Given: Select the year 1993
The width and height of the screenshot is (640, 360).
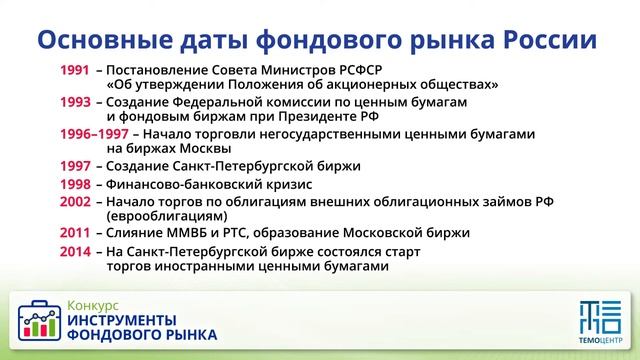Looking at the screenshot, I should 75,102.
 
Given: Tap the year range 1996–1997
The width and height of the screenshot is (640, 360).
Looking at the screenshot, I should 94,134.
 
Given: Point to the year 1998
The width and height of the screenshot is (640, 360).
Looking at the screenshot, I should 75,184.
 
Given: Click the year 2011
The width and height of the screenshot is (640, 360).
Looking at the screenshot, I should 75,233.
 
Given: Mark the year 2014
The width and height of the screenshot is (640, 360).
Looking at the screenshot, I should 75,251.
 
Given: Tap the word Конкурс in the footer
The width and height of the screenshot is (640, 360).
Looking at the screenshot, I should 93,303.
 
